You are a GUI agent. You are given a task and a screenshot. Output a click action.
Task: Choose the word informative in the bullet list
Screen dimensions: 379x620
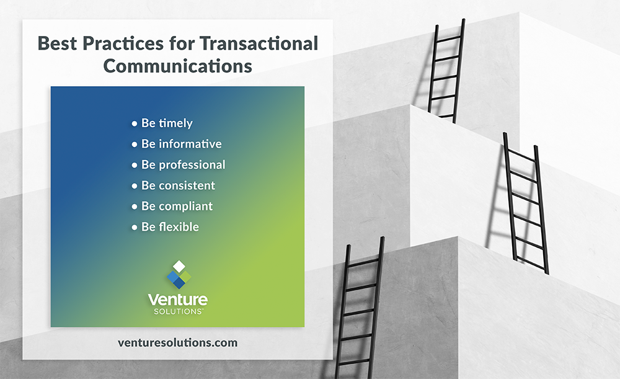click(190, 144)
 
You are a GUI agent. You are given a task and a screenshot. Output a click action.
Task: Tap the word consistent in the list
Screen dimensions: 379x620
click(187, 185)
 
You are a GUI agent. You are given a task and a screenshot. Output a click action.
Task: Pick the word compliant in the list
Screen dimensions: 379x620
click(185, 206)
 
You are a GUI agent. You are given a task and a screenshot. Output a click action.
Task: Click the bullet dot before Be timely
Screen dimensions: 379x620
click(134, 124)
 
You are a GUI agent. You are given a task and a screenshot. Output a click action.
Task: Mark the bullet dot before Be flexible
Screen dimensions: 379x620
click(134, 228)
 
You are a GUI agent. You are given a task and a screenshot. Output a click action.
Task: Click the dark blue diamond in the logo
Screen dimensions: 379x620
click(179, 283)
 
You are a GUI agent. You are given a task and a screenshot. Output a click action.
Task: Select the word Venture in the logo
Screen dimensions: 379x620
click(178, 300)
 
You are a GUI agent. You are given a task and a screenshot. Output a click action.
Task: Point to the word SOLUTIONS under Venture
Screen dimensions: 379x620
click(178, 311)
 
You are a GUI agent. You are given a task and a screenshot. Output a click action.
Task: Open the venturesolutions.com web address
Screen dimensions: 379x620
click(177, 342)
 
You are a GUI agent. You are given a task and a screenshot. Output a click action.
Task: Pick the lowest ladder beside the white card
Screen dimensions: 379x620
click(361, 310)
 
